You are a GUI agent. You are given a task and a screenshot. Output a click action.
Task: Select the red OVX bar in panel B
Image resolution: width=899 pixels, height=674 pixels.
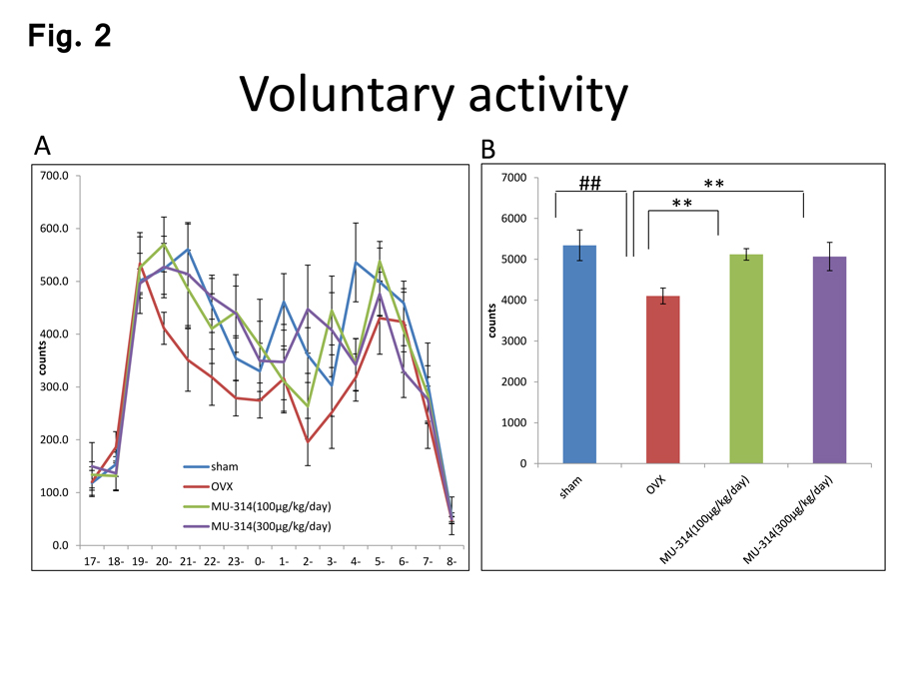[x=663, y=380]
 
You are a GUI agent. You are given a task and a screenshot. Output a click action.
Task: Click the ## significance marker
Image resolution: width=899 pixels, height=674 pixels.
[x=589, y=184]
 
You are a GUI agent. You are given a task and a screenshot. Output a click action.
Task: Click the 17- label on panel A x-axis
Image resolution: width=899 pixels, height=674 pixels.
[x=92, y=561]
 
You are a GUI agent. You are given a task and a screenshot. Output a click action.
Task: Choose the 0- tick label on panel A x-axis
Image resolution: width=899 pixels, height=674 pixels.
[x=260, y=561]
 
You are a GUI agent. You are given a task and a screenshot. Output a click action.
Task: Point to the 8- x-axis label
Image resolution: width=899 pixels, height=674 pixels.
[x=451, y=561]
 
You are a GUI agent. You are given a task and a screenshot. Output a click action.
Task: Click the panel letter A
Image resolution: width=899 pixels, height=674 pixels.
[x=42, y=146]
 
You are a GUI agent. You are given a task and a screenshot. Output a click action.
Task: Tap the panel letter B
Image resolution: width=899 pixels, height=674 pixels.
[x=488, y=150]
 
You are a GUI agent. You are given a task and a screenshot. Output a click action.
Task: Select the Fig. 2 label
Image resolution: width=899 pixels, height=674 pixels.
[x=69, y=36]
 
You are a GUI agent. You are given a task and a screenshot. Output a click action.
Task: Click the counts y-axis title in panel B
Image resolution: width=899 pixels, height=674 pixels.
[x=493, y=321]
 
